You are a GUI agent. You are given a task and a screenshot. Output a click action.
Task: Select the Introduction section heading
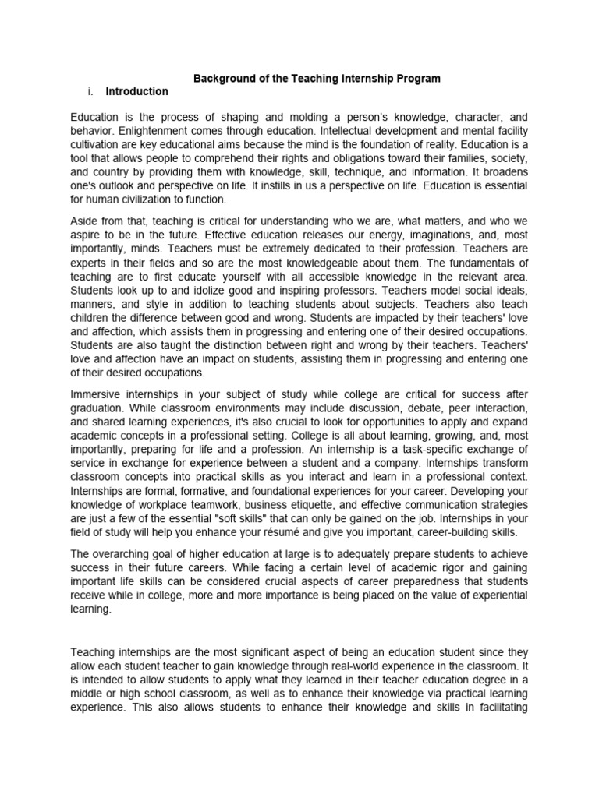pyautogui.click(x=136, y=91)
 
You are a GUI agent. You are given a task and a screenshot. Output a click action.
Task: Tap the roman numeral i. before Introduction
pyautogui.click(x=91, y=91)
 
